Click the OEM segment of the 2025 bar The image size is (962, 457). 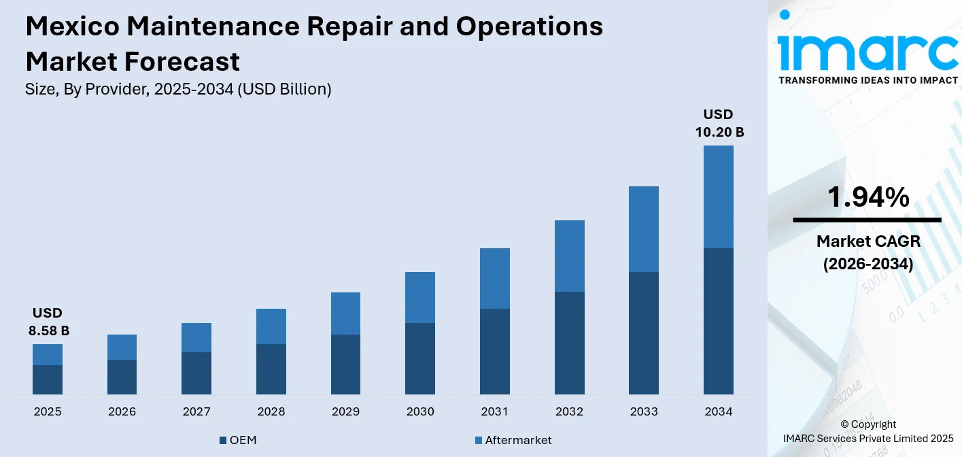coord(48,379)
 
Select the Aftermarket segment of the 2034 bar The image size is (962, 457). coord(718,197)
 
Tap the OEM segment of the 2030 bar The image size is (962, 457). coord(420,358)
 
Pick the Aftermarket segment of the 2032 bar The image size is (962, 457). coord(569,256)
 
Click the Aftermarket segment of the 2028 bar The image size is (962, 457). coord(271,326)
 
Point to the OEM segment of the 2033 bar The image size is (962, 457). coord(644,333)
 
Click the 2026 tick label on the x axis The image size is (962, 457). coord(122,411)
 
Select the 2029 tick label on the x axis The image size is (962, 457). coord(345,411)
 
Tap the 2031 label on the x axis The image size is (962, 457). coord(495,411)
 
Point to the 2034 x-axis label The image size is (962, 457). coord(718,411)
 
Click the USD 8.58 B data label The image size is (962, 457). coord(48,322)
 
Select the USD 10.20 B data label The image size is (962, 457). coord(719,123)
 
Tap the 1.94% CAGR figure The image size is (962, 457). coord(867,197)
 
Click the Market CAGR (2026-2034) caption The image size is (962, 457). coord(867,252)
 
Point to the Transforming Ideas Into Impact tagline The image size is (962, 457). coord(867,80)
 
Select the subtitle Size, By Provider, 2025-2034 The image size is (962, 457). coord(178,89)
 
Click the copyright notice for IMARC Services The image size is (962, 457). coord(867,431)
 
